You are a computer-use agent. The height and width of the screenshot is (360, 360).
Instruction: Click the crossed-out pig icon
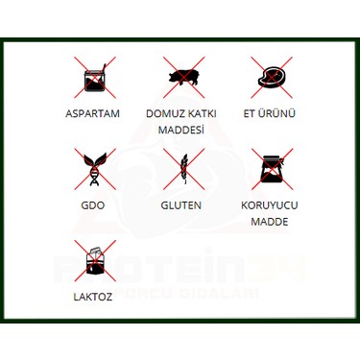(183, 78)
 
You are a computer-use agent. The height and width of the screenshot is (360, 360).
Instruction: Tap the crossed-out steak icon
(272, 78)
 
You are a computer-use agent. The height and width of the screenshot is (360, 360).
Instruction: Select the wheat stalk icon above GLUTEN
(184, 169)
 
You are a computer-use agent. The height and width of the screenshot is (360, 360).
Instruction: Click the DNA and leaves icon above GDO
(95, 169)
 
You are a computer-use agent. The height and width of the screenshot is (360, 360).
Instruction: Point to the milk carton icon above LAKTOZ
(95, 261)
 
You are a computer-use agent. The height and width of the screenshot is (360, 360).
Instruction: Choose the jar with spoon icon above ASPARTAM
(95, 78)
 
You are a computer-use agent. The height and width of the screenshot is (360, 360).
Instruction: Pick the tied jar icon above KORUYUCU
(273, 169)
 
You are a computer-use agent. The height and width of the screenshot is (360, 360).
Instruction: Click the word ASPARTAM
(92, 113)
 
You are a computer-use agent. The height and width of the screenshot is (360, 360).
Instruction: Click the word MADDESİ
(181, 130)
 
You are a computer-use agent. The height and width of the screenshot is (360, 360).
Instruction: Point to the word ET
(249, 113)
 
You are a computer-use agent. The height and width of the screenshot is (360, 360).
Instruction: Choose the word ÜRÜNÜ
(276, 113)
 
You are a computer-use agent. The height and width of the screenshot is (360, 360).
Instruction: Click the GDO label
(93, 205)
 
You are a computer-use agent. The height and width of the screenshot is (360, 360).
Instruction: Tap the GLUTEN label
(181, 205)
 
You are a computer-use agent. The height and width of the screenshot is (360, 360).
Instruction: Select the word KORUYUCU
(270, 205)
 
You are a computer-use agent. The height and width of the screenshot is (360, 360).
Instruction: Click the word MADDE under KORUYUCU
(270, 222)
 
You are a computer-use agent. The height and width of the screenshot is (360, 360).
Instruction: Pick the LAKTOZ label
(93, 297)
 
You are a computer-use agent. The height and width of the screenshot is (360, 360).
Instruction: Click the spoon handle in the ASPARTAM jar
(103, 67)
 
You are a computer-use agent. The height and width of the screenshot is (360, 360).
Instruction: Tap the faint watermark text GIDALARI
(220, 294)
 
